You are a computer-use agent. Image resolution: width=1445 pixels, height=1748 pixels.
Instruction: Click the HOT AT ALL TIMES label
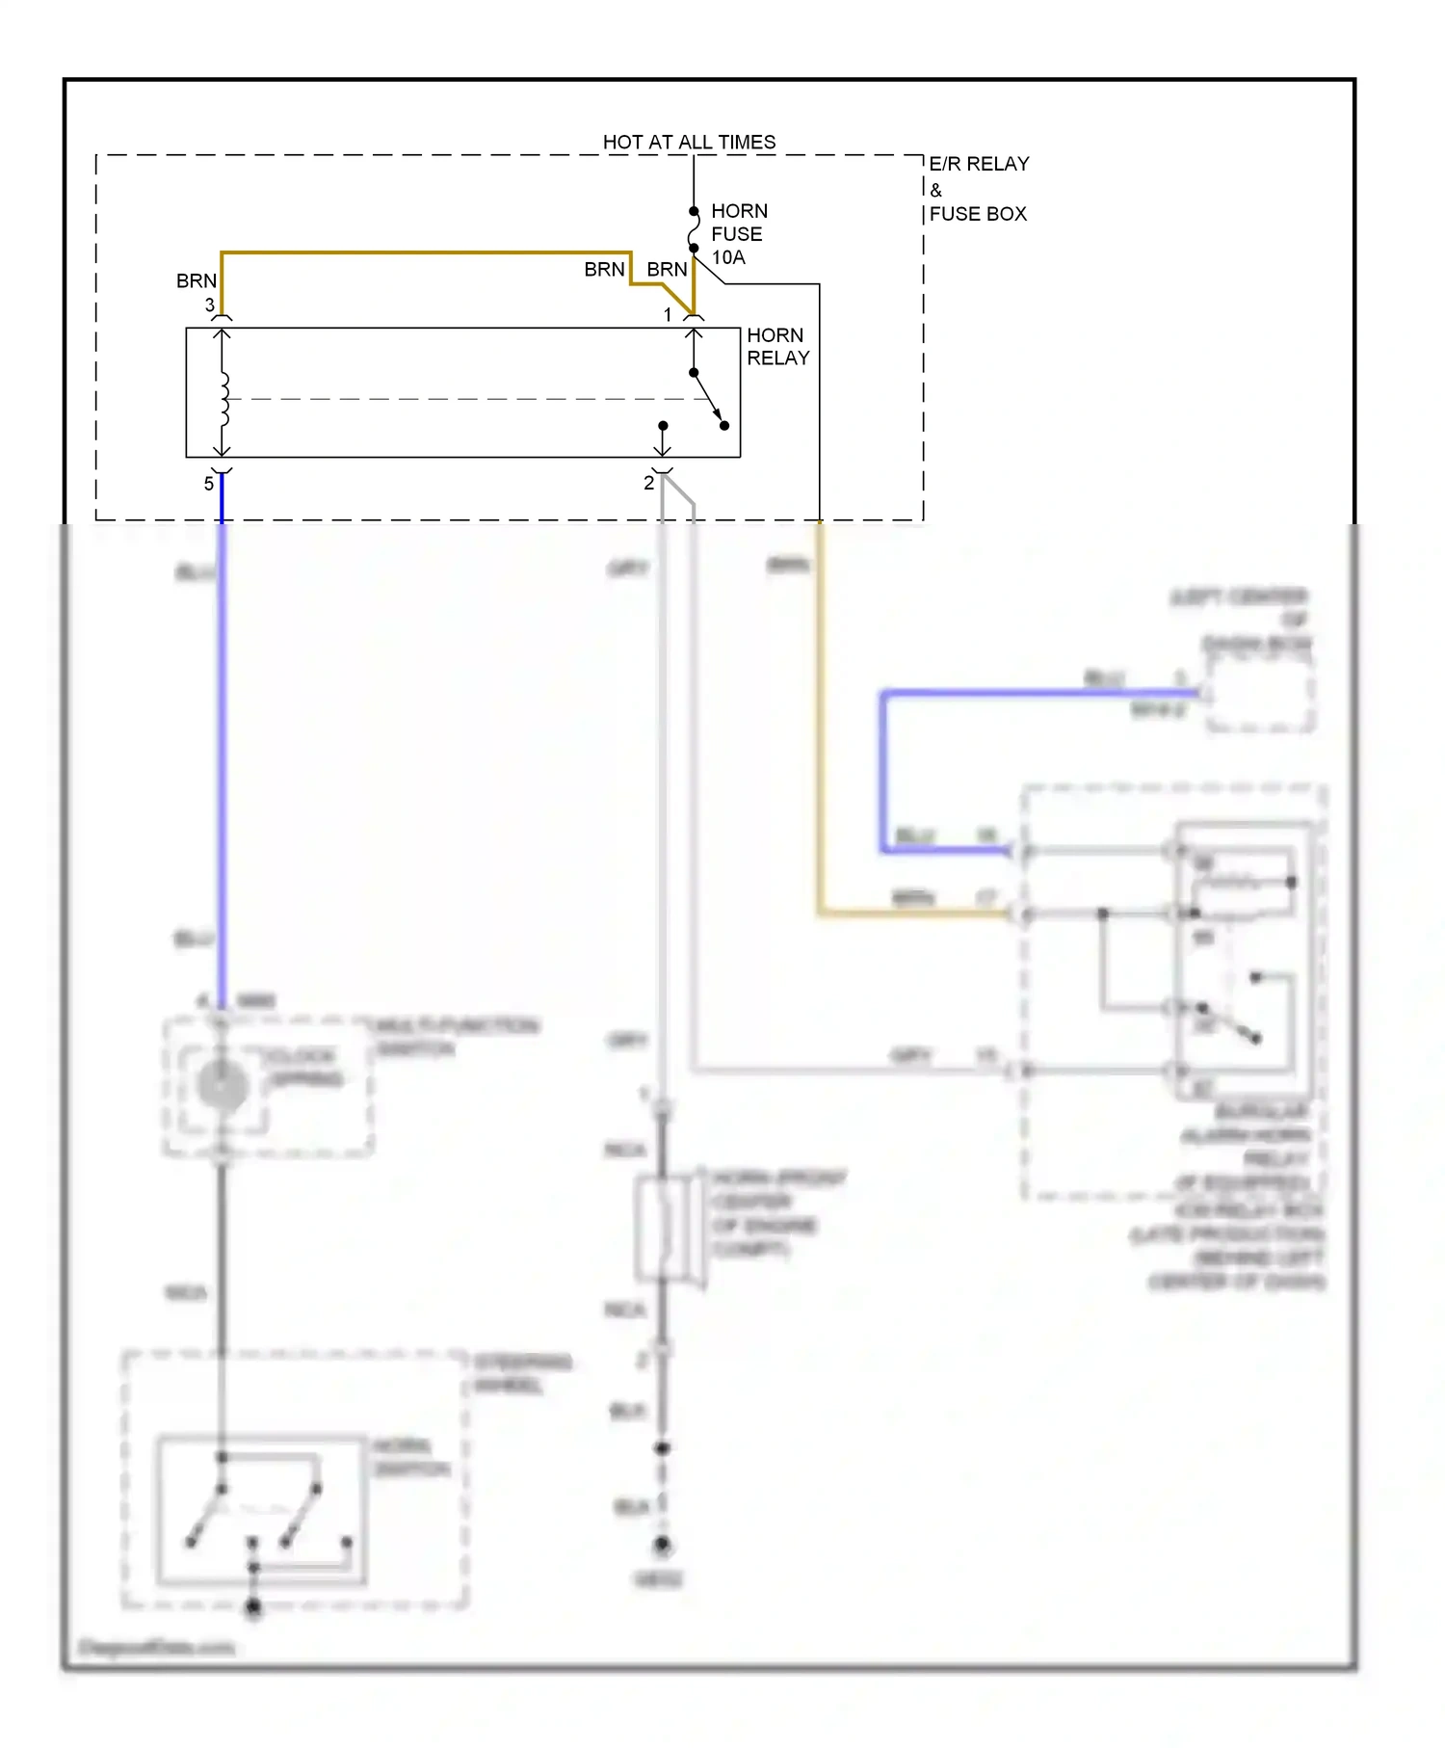pyautogui.click(x=689, y=142)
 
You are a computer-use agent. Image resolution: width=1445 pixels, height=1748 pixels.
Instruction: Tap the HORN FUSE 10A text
pyautogui.click(x=738, y=234)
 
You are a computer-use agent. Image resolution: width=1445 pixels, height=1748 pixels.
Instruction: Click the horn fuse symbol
pyautogui.click(x=694, y=230)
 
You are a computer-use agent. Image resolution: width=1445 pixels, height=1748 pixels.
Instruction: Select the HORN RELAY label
pyautogui.click(x=777, y=347)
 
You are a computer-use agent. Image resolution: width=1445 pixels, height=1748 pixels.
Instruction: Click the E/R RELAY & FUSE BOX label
pyautogui.click(x=978, y=189)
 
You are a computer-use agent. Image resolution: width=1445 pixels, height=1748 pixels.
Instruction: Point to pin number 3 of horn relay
pyautogui.click(x=209, y=305)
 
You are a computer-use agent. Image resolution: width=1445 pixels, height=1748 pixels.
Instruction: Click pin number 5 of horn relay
pyautogui.click(x=208, y=484)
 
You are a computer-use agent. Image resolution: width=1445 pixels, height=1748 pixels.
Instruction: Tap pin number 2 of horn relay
pyautogui.click(x=648, y=484)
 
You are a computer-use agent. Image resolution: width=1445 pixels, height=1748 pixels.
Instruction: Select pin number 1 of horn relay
pyautogui.click(x=668, y=315)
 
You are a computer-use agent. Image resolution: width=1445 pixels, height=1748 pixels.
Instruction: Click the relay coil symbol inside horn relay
pyautogui.click(x=223, y=399)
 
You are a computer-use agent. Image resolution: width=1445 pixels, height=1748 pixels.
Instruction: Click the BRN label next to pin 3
pyautogui.click(x=197, y=281)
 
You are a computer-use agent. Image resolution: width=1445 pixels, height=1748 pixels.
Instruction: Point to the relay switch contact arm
pyautogui.click(x=708, y=398)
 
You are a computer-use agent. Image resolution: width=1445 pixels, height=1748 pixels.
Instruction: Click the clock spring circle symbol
pyautogui.click(x=223, y=1086)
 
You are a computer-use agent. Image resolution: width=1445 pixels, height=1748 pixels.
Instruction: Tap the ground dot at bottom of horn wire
pyautogui.click(x=662, y=1545)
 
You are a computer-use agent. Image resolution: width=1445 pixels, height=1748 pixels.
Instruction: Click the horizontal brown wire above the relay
pyautogui.click(x=424, y=253)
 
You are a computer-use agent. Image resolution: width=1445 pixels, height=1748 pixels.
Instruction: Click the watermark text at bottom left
pyautogui.click(x=156, y=1647)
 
